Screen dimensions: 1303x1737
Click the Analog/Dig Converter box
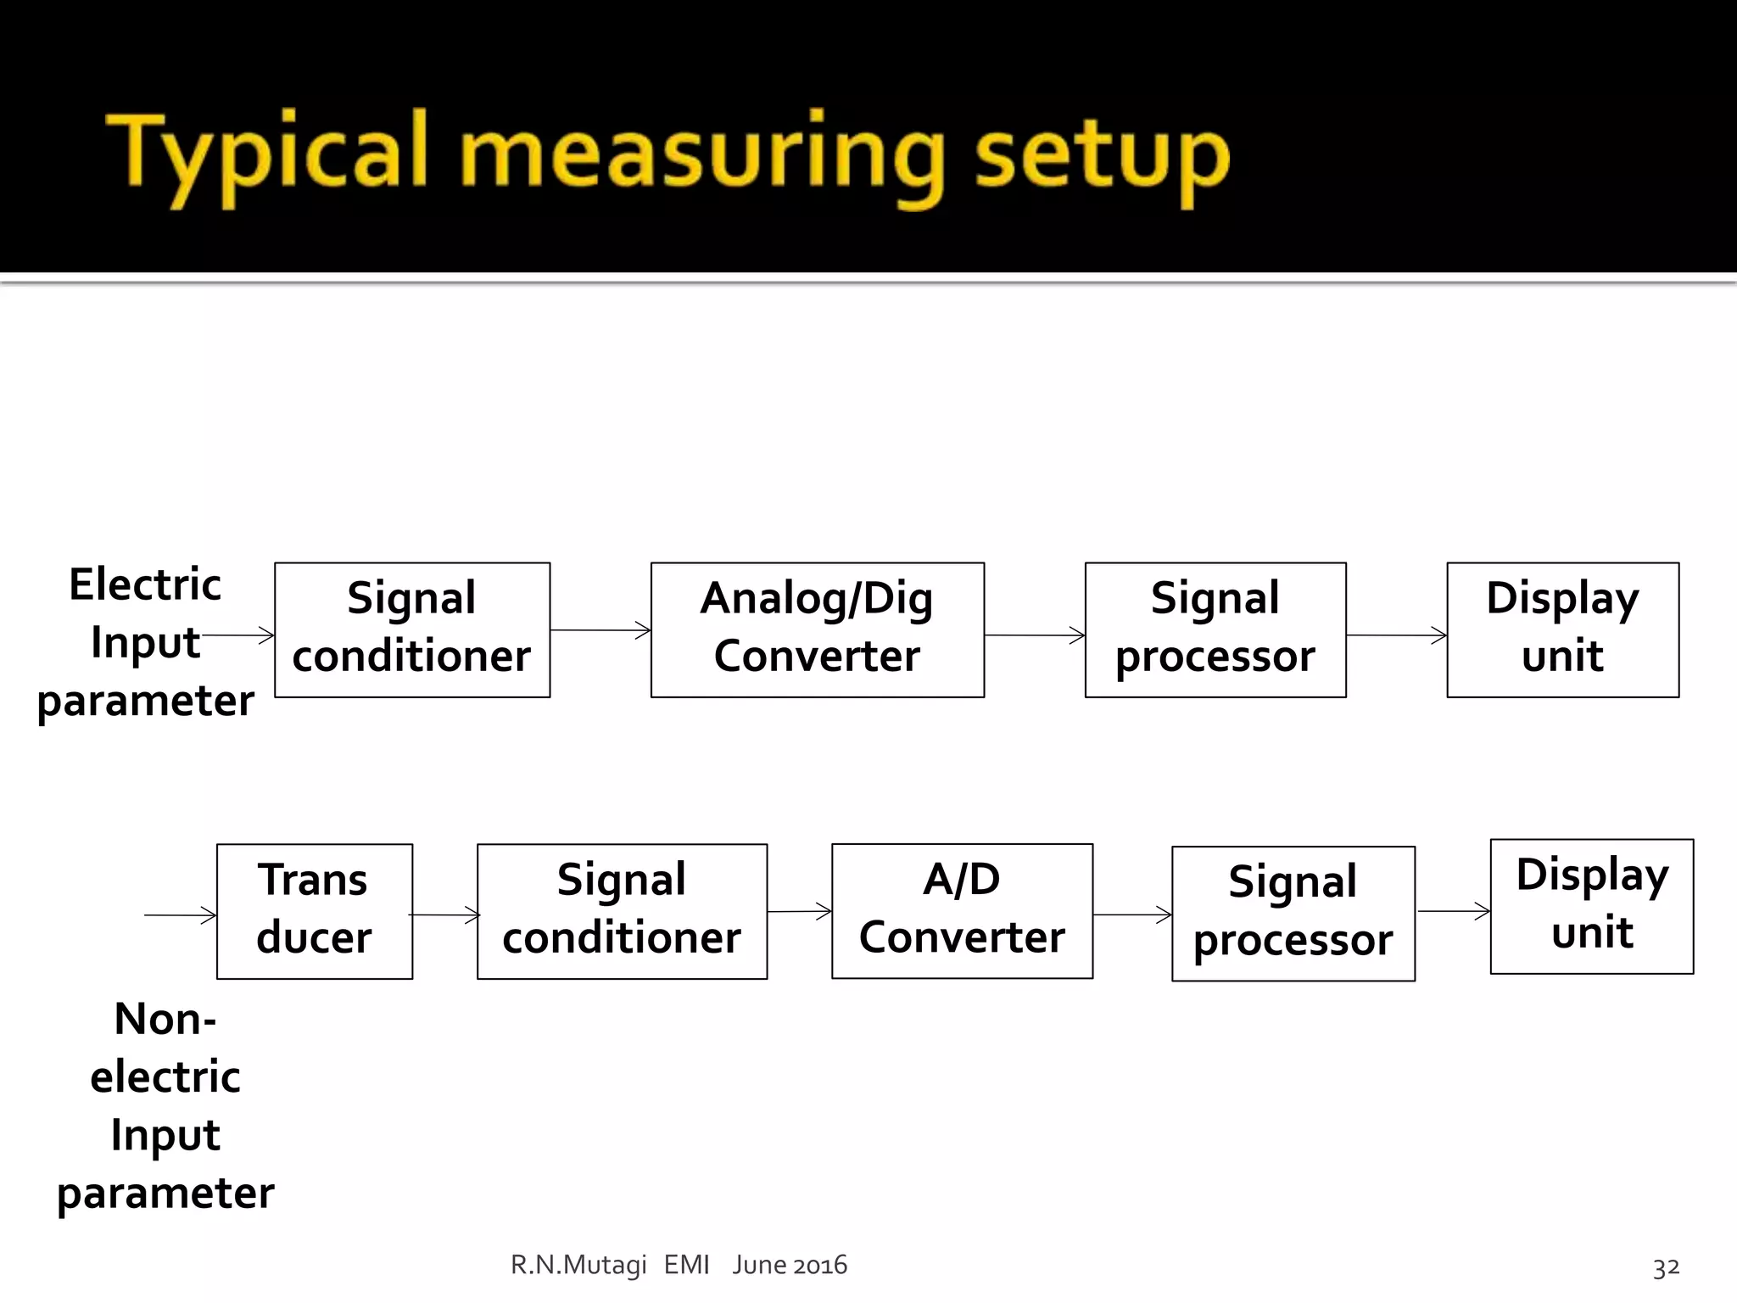point(817,629)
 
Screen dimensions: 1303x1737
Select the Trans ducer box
point(315,911)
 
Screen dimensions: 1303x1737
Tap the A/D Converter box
point(962,910)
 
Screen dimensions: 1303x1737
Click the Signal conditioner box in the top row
point(412,629)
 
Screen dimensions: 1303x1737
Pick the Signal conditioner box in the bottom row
point(622,911)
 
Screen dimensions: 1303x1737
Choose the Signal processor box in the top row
point(1215,629)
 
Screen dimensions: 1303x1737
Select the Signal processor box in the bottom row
point(1293,914)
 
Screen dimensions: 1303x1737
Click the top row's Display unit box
point(1562,629)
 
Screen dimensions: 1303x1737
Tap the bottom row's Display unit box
point(1591,906)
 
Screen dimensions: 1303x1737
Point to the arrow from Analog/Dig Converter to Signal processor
point(1034,635)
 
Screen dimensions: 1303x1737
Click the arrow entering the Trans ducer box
point(180,914)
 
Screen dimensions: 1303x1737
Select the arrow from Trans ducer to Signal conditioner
point(444,914)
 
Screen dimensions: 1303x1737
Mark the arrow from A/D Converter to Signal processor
point(1131,914)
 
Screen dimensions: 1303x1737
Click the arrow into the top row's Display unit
point(1396,635)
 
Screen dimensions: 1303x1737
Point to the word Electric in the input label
point(145,584)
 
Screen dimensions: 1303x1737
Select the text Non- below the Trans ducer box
point(165,1019)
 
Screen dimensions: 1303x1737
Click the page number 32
point(1666,1267)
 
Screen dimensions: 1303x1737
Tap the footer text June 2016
point(790,1265)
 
